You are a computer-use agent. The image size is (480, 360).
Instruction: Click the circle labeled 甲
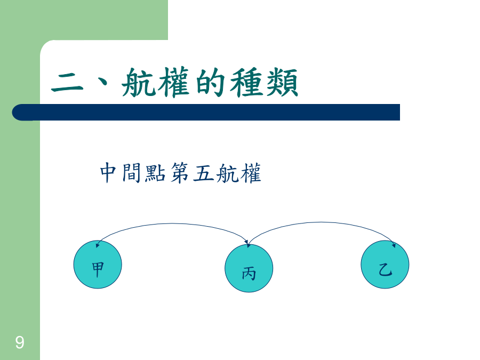click(98, 265)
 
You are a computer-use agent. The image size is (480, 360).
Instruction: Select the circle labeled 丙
click(249, 268)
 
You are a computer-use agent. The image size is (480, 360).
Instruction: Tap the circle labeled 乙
click(385, 265)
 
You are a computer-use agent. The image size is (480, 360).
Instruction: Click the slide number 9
click(20, 342)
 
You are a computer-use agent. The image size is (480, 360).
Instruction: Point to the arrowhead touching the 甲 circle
click(98, 245)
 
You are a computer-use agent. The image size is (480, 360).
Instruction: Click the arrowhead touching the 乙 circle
click(394, 245)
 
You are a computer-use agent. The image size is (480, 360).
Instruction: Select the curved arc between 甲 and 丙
click(172, 224)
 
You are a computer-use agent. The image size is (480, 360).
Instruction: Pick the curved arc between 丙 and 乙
click(322, 222)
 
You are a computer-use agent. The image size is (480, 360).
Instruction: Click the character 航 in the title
click(139, 82)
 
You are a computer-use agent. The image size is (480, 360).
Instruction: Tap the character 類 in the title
click(282, 82)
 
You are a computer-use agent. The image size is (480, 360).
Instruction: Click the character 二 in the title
click(67, 83)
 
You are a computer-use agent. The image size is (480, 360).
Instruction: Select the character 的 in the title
click(210, 82)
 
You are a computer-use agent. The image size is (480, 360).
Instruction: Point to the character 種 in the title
click(246, 82)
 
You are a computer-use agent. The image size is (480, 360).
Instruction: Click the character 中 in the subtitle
click(108, 173)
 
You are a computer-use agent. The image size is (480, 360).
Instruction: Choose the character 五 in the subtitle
click(204, 173)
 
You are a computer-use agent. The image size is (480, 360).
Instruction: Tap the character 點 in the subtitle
click(155, 173)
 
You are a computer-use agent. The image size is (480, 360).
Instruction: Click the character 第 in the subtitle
click(179, 173)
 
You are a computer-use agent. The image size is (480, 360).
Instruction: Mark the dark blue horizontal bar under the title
click(206, 113)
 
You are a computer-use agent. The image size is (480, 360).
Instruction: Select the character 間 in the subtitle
click(131, 173)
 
